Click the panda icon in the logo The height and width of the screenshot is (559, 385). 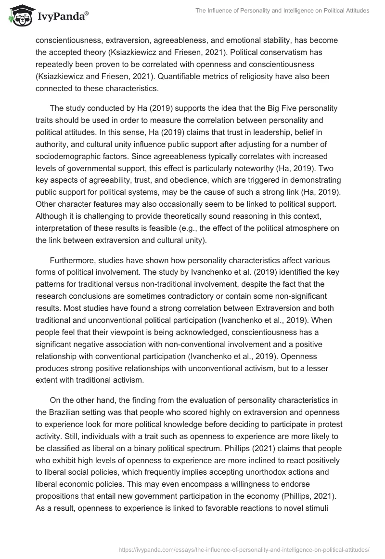(x=18, y=16)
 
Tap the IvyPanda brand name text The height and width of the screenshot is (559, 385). (x=62, y=16)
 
